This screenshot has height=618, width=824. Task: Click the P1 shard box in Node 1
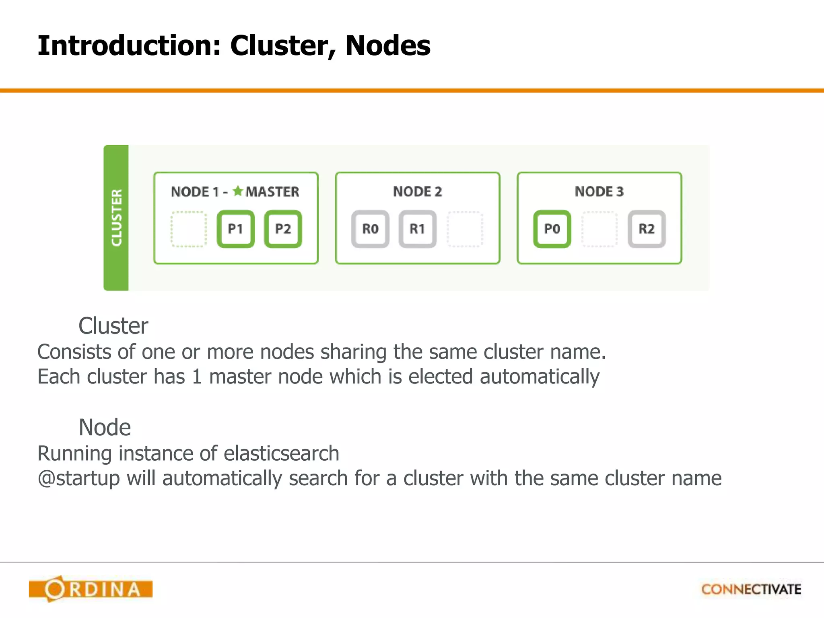236,229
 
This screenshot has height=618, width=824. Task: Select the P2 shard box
283,229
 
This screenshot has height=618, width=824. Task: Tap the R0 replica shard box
370,229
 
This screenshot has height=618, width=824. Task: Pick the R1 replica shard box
418,229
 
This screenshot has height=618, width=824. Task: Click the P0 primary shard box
552,229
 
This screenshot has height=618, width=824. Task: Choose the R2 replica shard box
647,229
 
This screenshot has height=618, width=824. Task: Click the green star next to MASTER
238,191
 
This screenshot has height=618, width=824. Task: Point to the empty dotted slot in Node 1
189,229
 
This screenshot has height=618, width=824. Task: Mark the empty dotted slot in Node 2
465,229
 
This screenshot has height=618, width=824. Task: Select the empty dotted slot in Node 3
599,229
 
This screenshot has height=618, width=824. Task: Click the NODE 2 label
418,192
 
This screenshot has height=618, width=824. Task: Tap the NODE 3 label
599,192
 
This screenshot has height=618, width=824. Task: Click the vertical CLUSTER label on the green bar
116,218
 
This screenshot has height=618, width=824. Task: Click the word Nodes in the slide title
387,45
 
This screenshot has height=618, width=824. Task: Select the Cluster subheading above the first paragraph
113,325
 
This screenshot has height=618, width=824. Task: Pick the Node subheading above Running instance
105,427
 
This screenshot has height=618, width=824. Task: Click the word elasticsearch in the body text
281,453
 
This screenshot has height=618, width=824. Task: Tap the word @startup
78,479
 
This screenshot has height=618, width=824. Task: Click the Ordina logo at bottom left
91,589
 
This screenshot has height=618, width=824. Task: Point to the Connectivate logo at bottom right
751,589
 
